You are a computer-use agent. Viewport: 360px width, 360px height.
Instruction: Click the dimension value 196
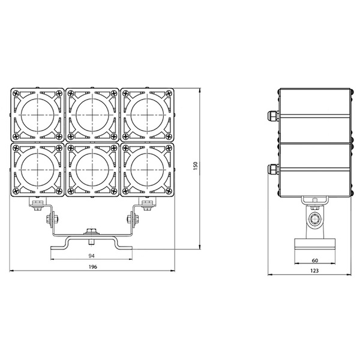click(x=92, y=266)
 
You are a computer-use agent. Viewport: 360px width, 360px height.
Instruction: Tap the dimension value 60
click(x=314, y=261)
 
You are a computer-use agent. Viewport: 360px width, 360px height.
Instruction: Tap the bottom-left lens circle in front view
click(x=37, y=169)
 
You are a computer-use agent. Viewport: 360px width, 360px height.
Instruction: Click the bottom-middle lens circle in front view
click(x=92, y=169)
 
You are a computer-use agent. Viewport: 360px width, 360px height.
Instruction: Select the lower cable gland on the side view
click(x=271, y=169)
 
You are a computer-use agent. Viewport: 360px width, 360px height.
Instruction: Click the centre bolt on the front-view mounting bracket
click(x=91, y=231)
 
